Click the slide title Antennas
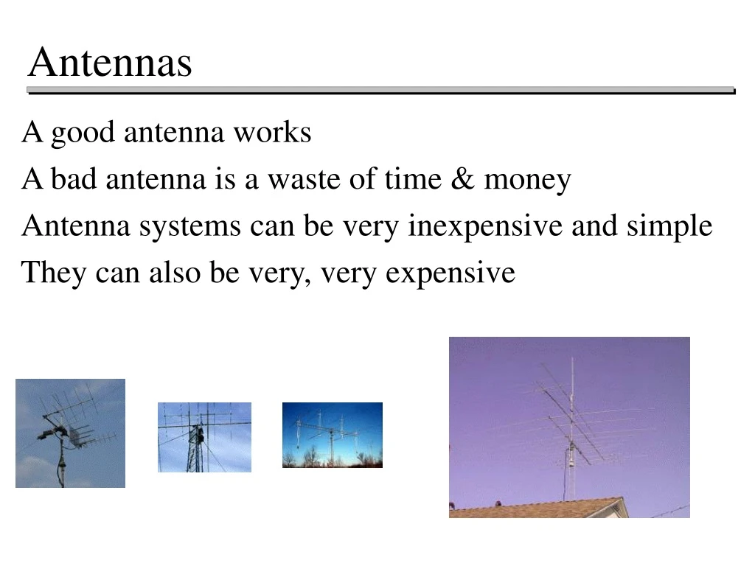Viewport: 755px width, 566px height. tap(110, 62)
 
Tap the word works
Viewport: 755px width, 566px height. tap(272, 133)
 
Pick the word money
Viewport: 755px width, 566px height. tap(527, 181)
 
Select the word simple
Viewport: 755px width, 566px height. tap(669, 227)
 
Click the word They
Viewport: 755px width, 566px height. tap(46, 273)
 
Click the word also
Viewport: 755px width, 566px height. tap(175, 273)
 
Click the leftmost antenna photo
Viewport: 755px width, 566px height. tap(70, 433)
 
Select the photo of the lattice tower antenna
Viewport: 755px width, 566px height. tap(204, 437)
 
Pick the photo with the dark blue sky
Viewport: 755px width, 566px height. tap(332, 435)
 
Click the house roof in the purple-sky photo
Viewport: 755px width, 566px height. tap(538, 509)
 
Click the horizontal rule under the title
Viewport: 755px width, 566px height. tap(380, 91)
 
